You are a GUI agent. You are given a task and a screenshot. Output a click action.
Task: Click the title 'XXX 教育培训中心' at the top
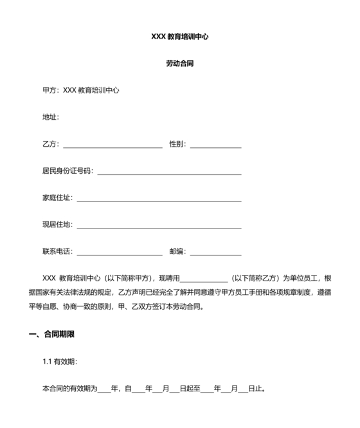(179, 37)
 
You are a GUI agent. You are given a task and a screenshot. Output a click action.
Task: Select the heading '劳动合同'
(179, 64)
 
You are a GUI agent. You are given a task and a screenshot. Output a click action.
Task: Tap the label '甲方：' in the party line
(51, 90)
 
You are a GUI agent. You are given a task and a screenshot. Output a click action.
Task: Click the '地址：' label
(51, 117)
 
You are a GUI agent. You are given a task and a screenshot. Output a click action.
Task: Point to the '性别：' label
(177, 144)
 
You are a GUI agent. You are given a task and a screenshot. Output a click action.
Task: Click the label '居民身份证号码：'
(67, 171)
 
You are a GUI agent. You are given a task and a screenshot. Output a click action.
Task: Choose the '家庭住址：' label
(58, 198)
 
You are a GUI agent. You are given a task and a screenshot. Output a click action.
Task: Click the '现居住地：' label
(58, 225)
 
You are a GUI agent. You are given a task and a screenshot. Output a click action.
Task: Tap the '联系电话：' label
(58, 252)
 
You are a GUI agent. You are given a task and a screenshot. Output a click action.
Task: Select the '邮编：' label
(177, 252)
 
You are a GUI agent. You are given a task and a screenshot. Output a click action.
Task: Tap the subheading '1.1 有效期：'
(60, 362)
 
